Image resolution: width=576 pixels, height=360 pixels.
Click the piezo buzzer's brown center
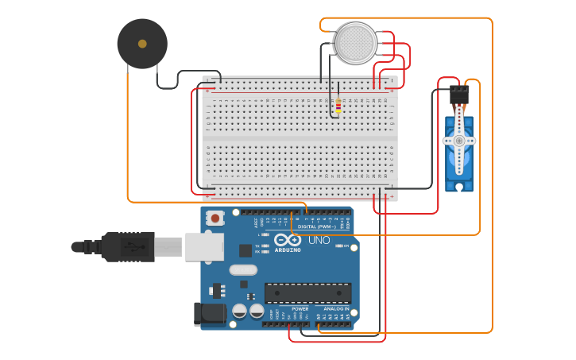[142, 44]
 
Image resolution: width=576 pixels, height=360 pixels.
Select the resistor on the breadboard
[338, 105]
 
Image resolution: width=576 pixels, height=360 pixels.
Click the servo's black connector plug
[459, 95]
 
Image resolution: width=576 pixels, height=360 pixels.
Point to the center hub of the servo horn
[459, 141]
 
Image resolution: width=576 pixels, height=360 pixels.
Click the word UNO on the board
[319, 240]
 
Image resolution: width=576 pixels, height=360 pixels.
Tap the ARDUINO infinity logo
[287, 240]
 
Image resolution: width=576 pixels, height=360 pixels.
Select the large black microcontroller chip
[307, 292]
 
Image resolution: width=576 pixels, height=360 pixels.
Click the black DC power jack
[210, 313]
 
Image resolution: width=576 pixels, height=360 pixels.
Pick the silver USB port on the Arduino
[204, 247]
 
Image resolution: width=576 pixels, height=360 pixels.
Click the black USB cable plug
[127, 247]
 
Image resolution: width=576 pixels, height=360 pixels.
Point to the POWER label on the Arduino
[300, 308]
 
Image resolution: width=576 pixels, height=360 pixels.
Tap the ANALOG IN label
[336, 308]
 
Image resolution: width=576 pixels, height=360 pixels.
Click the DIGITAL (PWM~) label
[321, 226]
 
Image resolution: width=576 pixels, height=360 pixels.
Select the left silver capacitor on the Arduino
[239, 311]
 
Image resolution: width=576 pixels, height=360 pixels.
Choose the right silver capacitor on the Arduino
[257, 311]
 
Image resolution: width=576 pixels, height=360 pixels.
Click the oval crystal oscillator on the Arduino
[243, 269]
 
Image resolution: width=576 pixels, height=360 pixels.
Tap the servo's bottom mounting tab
[459, 187]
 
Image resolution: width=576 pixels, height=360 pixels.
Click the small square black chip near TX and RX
[245, 250]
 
